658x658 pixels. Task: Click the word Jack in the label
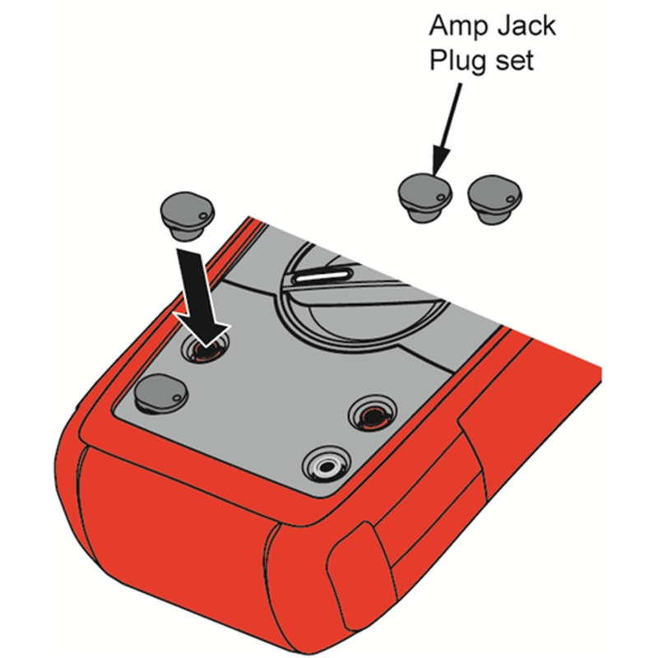(x=526, y=26)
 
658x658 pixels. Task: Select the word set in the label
(x=515, y=61)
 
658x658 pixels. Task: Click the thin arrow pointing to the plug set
(x=447, y=129)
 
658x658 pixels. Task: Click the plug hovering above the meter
(x=188, y=216)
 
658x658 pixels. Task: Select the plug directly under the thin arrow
(x=425, y=197)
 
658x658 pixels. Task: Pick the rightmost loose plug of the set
(x=495, y=200)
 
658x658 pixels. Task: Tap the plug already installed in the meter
(x=161, y=394)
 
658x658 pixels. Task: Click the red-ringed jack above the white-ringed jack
(x=373, y=413)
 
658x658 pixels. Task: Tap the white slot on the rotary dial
(x=323, y=276)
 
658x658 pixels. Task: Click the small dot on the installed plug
(x=177, y=397)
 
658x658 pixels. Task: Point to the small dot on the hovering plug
(x=203, y=215)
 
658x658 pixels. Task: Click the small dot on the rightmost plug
(x=511, y=198)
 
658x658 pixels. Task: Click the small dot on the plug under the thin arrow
(x=441, y=197)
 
